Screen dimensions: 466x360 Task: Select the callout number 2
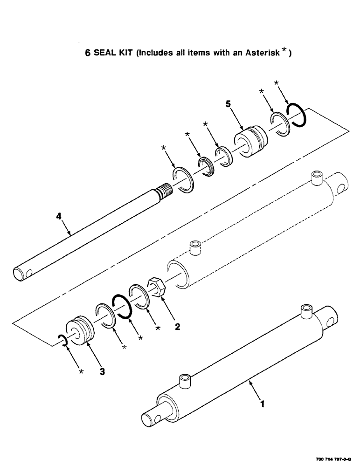click(177, 327)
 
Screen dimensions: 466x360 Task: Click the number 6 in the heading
click(87, 53)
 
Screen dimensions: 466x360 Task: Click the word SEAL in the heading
click(105, 53)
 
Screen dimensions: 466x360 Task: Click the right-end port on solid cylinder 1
click(306, 311)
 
